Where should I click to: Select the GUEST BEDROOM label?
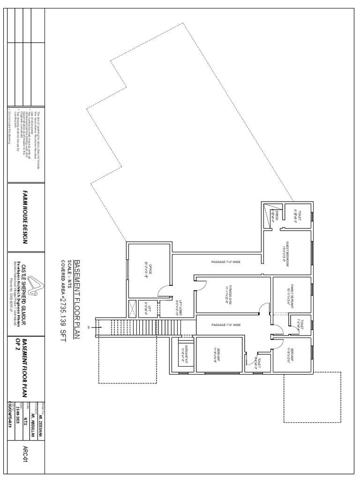coord(285,253)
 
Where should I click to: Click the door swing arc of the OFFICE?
coord(164,290)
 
